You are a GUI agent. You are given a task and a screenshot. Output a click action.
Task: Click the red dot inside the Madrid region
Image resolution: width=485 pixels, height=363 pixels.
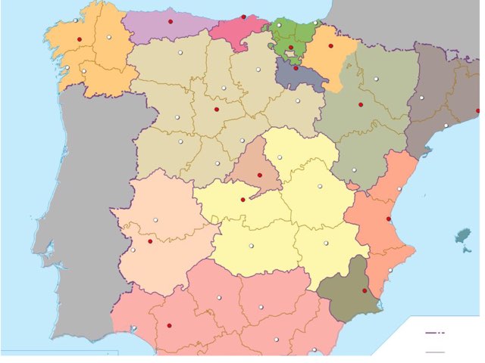(x=259, y=175)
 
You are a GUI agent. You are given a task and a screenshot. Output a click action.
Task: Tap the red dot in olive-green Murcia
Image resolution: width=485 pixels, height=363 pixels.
(x=365, y=290)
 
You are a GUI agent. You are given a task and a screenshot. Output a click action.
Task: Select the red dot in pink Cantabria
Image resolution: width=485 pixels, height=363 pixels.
(x=243, y=17)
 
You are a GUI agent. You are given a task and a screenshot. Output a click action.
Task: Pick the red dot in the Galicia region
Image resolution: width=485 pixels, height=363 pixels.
(x=79, y=39)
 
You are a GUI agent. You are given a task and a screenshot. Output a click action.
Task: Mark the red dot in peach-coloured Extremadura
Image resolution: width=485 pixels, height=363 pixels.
(x=150, y=241)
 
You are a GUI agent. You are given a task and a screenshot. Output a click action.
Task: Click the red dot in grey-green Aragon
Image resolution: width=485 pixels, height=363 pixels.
(x=361, y=104)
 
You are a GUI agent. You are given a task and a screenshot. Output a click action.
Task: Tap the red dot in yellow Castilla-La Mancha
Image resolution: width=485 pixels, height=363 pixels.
(x=242, y=200)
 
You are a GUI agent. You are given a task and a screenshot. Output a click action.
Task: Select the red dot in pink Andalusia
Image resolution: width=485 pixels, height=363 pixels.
(x=169, y=325)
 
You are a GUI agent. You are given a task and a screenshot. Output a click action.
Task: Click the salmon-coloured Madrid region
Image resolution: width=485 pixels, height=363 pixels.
(x=255, y=163)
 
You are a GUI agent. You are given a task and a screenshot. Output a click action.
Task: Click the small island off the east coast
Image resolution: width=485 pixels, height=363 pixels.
(x=462, y=237)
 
